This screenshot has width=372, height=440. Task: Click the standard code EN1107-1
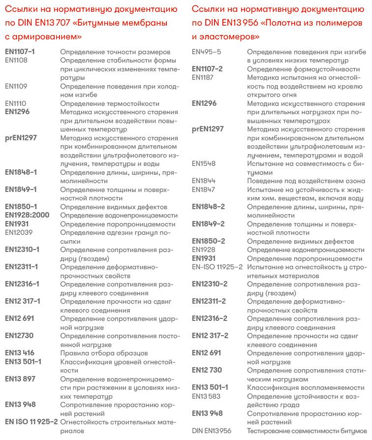pyautogui.click(x=20, y=52)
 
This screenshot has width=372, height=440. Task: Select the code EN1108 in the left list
pyautogui.click(x=16, y=60)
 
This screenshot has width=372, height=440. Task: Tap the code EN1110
pyautogui.click(x=16, y=103)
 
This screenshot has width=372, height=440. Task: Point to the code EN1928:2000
pyautogui.click(x=27, y=215)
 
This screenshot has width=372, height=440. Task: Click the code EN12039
pyautogui.click(x=19, y=232)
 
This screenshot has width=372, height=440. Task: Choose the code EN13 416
pyautogui.click(x=20, y=353)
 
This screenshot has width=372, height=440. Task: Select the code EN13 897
pyautogui.click(x=20, y=378)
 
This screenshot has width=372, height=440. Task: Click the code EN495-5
pyautogui.click(x=206, y=52)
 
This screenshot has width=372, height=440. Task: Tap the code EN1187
pyautogui.click(x=203, y=77)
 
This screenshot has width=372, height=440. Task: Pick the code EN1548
pyautogui.click(x=203, y=163)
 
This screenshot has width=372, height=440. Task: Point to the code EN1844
pyautogui.click(x=203, y=181)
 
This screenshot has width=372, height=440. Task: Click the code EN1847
pyautogui.click(x=203, y=189)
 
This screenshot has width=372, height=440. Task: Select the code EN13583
pyautogui.click(x=206, y=396)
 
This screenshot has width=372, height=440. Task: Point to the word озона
pyautogui.click(x=355, y=181)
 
